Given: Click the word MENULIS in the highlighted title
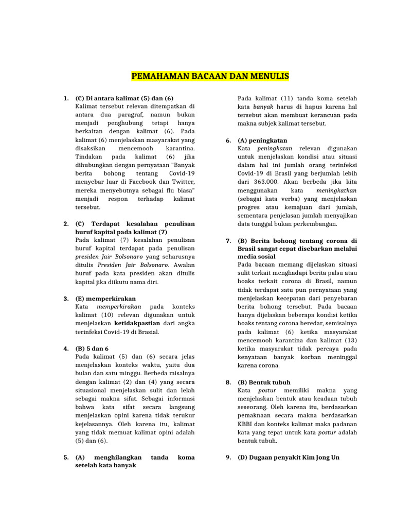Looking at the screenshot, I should [x=271, y=77].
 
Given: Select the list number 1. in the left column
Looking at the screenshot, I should [x=66, y=98].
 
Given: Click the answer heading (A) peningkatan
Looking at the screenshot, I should [x=262, y=140].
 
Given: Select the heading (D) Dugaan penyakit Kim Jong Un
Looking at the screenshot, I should [x=289, y=458].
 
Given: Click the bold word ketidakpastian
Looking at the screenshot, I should [x=137, y=323].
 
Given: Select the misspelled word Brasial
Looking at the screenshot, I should [x=149, y=332].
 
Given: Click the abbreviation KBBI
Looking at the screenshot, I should [x=245, y=424].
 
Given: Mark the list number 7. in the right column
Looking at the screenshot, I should [x=228, y=241].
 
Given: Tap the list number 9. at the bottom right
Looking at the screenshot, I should [x=228, y=458].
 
